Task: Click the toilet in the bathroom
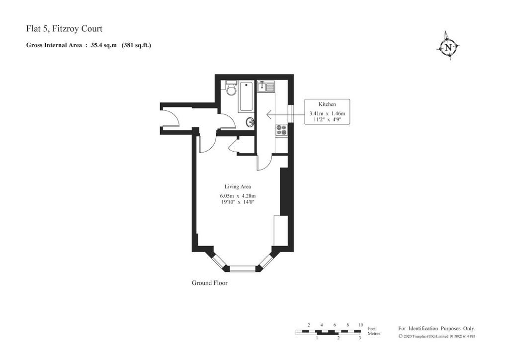click(231, 88)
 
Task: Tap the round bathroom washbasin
click(250, 122)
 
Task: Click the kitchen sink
click(266, 86)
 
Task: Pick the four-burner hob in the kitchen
click(281, 130)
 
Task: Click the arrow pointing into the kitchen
click(285, 114)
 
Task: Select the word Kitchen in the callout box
click(327, 104)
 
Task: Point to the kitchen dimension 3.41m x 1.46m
click(327, 113)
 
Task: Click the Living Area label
click(238, 186)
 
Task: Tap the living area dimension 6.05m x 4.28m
click(238, 196)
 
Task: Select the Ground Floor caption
click(209, 283)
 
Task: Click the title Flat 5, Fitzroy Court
click(64, 28)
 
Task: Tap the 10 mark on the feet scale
click(361, 325)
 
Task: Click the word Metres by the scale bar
click(374, 333)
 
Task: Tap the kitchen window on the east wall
click(291, 113)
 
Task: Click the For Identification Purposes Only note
click(436, 329)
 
